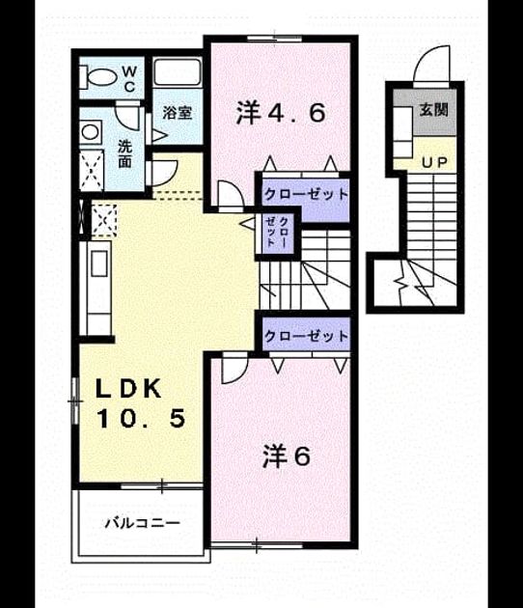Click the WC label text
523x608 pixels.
[x=129, y=79]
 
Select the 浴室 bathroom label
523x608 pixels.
[x=178, y=113]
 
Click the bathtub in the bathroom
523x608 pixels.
[x=178, y=72]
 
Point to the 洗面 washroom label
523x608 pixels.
[x=124, y=153]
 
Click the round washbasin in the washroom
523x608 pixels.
[x=91, y=132]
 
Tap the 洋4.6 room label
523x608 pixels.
[x=281, y=113]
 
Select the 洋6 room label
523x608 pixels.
[x=287, y=456]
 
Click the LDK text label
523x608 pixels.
[x=128, y=389]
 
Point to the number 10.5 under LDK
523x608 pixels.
[x=140, y=419]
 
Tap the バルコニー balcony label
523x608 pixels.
[x=143, y=523]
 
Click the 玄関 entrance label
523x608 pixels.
[x=434, y=110]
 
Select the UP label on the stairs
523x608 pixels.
[x=434, y=162]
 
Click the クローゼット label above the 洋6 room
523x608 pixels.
[x=306, y=336]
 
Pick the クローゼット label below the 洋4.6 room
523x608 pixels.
[x=306, y=194]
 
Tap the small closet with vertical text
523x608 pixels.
[x=278, y=235]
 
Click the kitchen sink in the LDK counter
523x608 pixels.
[x=98, y=263]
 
